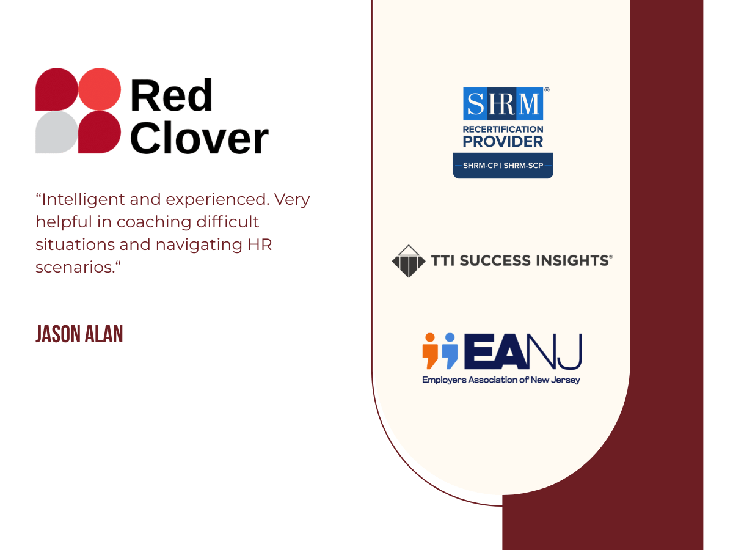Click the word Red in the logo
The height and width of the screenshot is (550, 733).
point(171,96)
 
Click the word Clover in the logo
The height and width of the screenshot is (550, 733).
point(199,138)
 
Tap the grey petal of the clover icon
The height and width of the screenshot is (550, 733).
point(56,132)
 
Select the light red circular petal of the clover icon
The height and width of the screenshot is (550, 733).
point(100,89)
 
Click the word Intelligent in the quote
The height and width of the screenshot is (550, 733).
point(82,200)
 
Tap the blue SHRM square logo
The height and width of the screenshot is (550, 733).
point(503,103)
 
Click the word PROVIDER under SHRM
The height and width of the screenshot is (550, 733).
point(503,142)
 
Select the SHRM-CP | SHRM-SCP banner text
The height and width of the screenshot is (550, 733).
point(503,166)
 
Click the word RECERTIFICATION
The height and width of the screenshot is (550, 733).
point(503,129)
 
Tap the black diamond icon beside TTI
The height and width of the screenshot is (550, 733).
point(409,261)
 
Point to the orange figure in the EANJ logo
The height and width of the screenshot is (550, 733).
point(431,350)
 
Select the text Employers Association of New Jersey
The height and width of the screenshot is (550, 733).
point(501,380)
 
